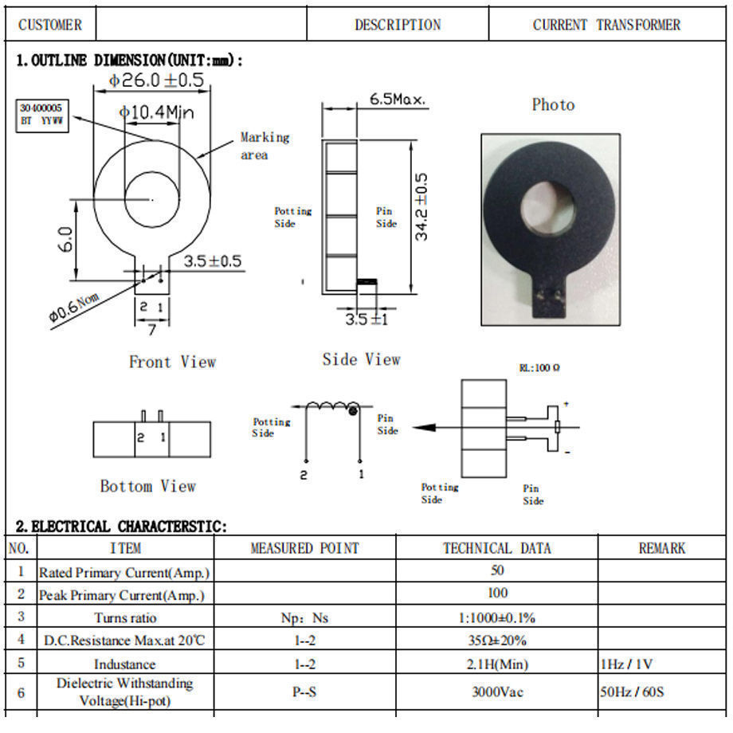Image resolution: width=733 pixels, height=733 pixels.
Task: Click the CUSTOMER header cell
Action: pos(49,25)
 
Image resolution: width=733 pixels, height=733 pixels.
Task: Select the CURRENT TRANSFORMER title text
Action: pos(606,25)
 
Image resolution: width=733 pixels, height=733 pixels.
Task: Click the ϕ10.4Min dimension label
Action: pos(157,113)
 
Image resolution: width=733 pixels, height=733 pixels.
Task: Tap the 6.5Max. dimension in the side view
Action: pos(398,100)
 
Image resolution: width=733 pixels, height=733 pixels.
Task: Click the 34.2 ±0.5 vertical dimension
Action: pos(421,207)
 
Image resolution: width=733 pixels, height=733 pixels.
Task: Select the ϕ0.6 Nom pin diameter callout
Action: pos(73,306)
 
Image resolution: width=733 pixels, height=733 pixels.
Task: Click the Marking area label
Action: pos(265,146)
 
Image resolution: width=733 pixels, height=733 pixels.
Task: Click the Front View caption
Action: pos(172,362)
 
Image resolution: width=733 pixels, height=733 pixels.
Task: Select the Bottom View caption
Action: pos(147,486)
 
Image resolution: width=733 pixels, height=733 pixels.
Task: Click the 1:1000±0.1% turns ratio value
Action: pos(496,617)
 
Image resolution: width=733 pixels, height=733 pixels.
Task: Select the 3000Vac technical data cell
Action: pos(496,692)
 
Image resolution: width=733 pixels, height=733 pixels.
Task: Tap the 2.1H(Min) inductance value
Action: pos(496,664)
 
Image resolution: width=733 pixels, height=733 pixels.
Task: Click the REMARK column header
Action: pos(661,548)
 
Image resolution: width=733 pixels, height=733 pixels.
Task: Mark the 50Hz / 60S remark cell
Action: pos(632,692)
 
